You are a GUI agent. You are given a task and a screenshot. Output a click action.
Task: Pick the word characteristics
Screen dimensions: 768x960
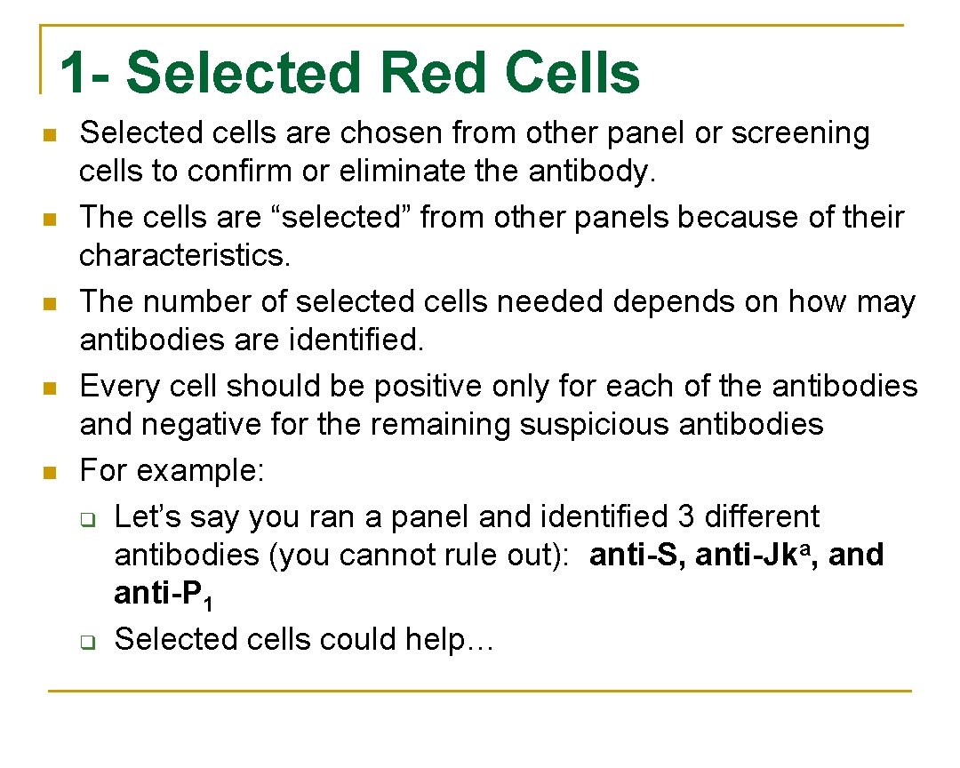pos(185,256)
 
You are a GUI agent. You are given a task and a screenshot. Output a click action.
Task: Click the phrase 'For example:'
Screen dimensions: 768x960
pos(172,471)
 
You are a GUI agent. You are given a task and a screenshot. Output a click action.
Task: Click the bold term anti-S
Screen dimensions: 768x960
pos(638,555)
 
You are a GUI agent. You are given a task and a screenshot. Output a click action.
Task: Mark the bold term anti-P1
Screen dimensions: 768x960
pos(162,595)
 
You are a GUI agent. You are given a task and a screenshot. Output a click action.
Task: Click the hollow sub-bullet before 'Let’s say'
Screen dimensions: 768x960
pos(89,518)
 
